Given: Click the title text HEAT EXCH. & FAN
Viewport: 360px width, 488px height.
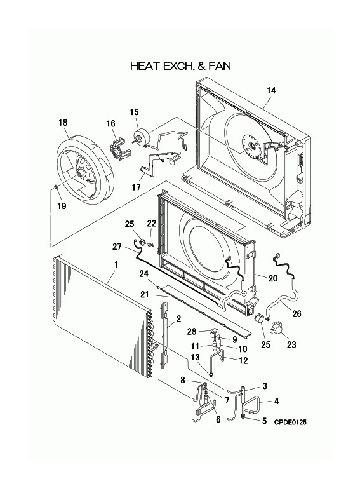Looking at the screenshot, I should (180, 65).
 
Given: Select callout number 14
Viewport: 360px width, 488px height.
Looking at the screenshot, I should (271, 91).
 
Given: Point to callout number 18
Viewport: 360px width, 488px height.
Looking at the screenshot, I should (63, 122).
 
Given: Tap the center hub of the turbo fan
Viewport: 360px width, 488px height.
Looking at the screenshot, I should (81, 172).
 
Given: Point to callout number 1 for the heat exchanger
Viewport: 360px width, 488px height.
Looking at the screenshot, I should (116, 264).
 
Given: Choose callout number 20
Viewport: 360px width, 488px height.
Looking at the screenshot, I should (274, 278).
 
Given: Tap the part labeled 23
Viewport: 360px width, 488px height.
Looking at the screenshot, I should (275, 329).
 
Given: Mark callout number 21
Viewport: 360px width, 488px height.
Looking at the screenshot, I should (144, 294).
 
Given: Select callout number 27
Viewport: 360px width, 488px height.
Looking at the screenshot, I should (116, 247).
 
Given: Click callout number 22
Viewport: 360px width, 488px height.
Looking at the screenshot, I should (151, 222).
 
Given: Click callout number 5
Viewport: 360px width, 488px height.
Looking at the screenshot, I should (263, 421).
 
